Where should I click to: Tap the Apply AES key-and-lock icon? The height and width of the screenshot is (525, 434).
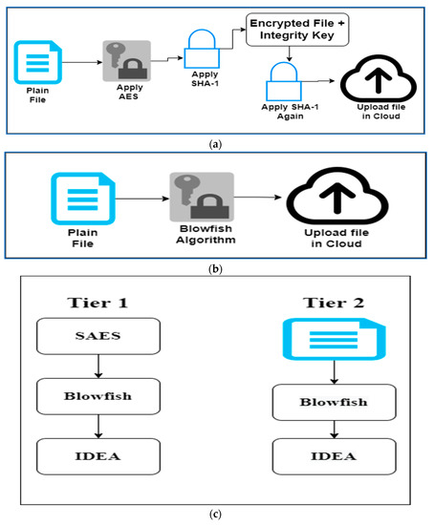click(x=122, y=63)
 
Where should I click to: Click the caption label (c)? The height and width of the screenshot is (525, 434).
click(x=216, y=516)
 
